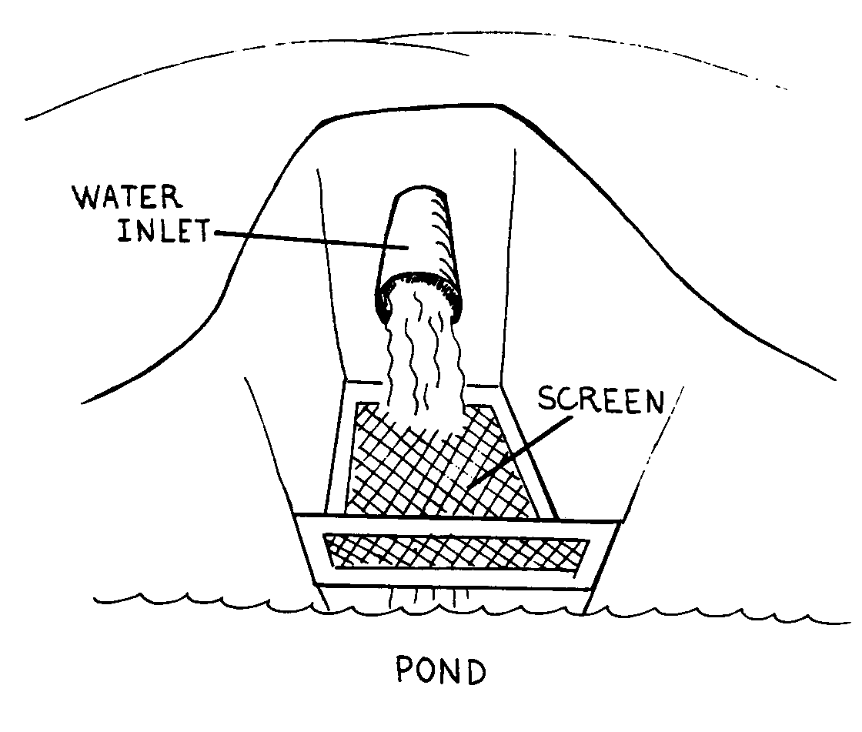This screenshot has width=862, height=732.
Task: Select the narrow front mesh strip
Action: (454, 553)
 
